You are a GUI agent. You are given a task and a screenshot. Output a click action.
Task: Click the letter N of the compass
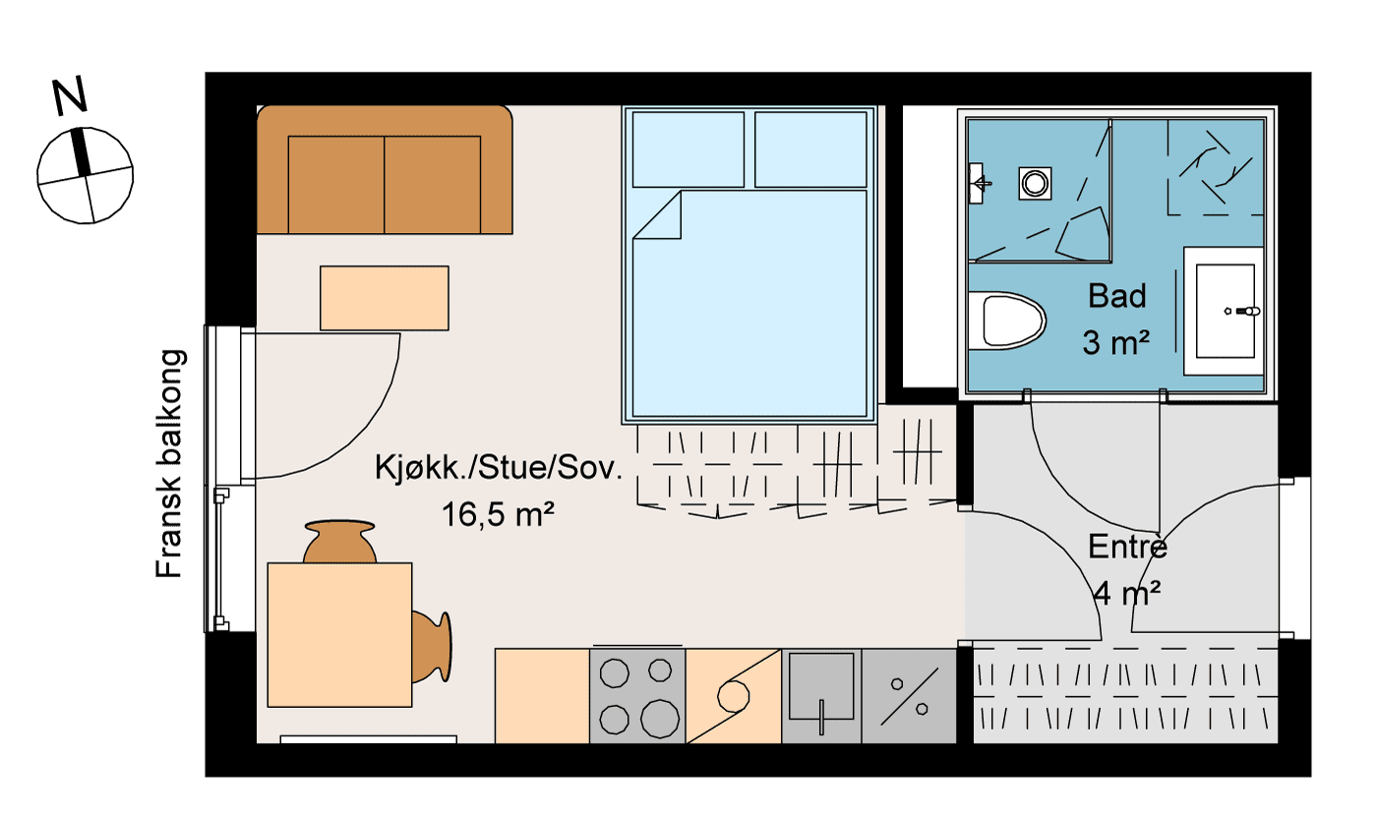point(70,95)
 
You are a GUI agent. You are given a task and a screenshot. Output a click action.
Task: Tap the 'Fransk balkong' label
point(170,463)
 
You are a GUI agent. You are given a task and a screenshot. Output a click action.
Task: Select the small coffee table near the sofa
point(385,298)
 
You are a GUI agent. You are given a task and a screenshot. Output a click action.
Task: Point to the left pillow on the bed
point(688,149)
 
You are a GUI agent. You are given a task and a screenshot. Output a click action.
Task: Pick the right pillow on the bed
point(811,149)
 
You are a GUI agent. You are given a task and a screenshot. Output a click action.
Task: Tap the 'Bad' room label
point(1117,296)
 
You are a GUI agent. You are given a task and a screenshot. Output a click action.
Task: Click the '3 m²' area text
point(1117,342)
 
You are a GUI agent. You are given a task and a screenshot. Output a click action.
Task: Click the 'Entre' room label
point(1127,547)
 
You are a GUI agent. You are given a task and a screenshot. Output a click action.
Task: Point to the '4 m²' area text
point(1127,594)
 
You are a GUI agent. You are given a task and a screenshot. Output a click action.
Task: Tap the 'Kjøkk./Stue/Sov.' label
point(499,468)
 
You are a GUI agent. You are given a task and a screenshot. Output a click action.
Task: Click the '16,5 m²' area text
point(493,514)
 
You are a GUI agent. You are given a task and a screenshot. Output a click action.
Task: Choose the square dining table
point(339,634)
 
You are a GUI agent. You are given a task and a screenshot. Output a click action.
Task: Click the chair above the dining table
point(340,542)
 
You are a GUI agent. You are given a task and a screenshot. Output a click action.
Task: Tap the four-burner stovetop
point(636,695)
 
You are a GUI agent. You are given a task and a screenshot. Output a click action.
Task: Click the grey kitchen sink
point(821,695)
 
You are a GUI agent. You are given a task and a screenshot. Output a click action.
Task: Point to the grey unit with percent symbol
point(909,695)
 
